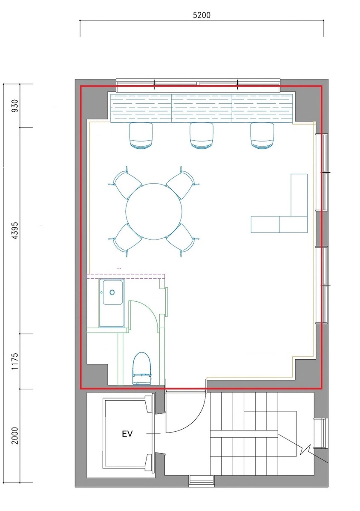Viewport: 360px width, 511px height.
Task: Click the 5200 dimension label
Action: coord(202,15)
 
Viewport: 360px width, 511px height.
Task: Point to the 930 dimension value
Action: coord(15,106)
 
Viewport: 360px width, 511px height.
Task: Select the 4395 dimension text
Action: coord(15,231)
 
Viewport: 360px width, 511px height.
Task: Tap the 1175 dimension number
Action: coord(15,361)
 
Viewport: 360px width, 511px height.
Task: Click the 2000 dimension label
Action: coord(15,436)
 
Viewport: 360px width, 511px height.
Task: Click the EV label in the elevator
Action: coord(127,434)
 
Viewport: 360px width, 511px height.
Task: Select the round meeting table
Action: coord(154,211)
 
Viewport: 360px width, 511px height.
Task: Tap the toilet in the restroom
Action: coord(142,368)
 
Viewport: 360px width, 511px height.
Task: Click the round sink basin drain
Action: coord(112,292)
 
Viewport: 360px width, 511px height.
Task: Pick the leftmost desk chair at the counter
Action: coord(141,136)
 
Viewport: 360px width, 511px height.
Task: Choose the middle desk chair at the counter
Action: coord(202,136)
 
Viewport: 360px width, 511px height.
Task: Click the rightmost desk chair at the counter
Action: coord(262,136)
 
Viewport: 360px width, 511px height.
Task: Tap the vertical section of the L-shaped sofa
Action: coord(299,195)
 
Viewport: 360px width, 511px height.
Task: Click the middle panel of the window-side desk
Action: coord(202,108)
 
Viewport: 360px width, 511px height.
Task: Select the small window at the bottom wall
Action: coord(202,481)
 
